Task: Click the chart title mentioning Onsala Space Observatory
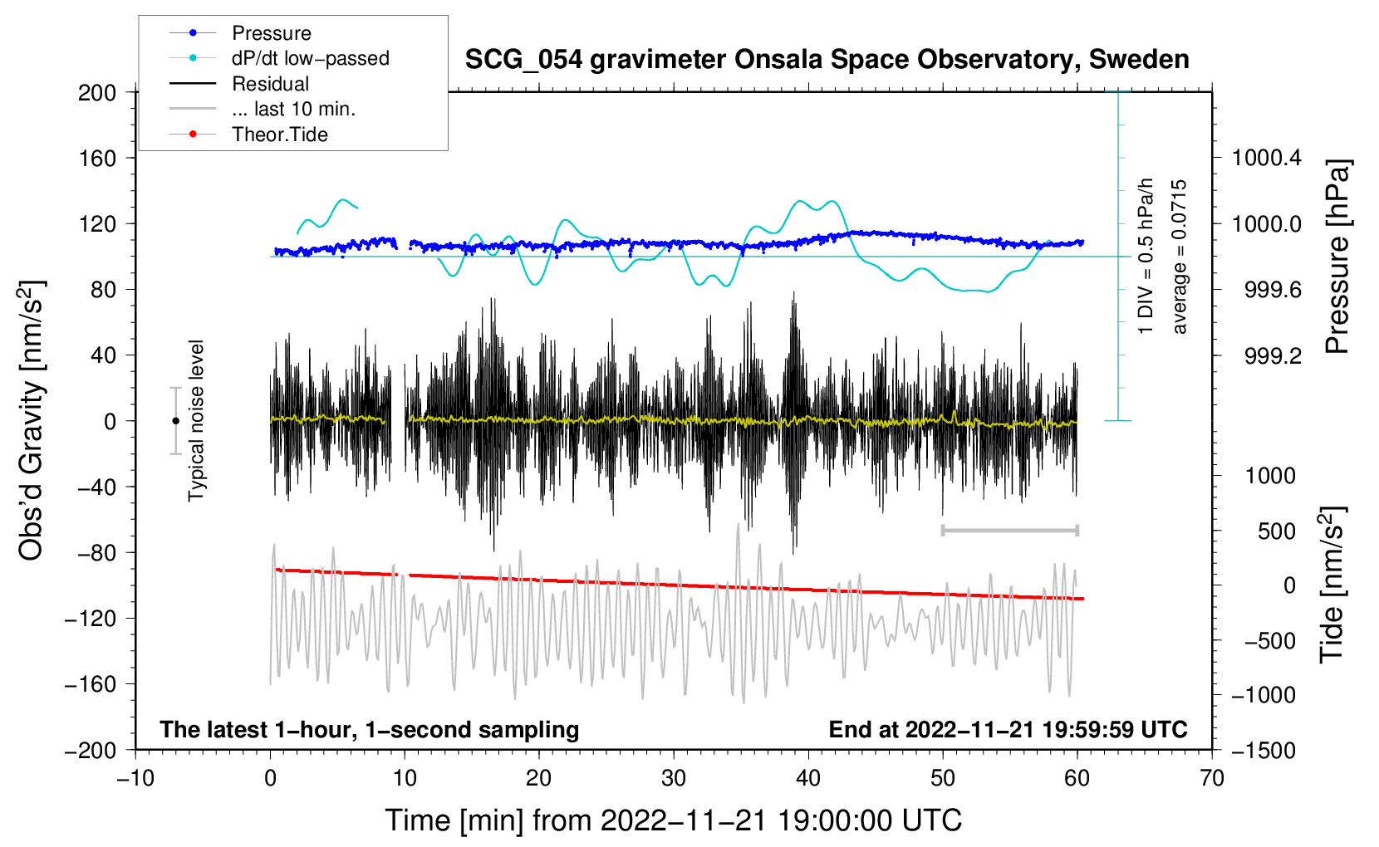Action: coord(827,60)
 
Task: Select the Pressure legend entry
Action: coord(271,33)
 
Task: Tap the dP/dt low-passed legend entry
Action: coord(310,58)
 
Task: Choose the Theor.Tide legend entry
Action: coord(279,135)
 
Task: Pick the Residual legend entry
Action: coord(270,84)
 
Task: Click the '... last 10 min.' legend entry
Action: coord(293,109)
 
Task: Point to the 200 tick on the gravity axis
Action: coord(97,92)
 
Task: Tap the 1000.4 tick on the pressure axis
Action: coord(1266,158)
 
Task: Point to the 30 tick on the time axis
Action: coord(674,778)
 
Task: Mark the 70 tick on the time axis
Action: coord(1212,778)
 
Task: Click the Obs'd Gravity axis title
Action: coord(31,420)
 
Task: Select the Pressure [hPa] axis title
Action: coord(1337,257)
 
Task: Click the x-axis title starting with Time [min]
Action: coord(674,820)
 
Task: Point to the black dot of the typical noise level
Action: coord(175,421)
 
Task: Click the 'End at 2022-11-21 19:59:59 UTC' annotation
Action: coord(1008,729)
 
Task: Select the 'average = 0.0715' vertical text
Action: coord(1180,257)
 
